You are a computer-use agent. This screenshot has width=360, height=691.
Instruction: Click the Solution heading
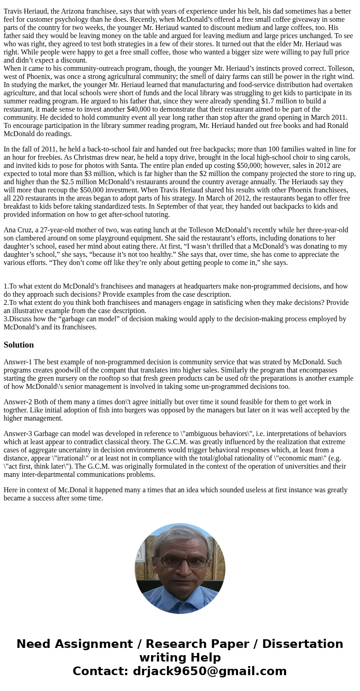click(x=19, y=345)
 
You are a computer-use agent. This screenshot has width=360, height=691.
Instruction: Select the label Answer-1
click(x=18, y=362)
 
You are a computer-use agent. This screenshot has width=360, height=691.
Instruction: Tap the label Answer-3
click(x=18, y=434)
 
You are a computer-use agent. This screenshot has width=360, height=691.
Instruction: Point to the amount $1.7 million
click(x=274, y=101)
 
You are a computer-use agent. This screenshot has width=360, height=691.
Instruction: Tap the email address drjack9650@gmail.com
click(x=209, y=671)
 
